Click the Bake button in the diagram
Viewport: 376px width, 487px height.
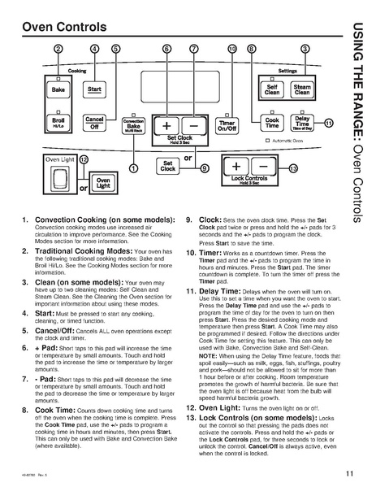point(58,88)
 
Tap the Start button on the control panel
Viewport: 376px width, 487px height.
point(94,88)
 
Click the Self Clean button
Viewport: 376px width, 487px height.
point(272,89)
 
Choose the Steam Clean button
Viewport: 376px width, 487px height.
point(301,89)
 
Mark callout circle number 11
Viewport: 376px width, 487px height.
point(328,124)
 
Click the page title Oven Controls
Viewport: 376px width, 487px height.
point(60,28)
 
